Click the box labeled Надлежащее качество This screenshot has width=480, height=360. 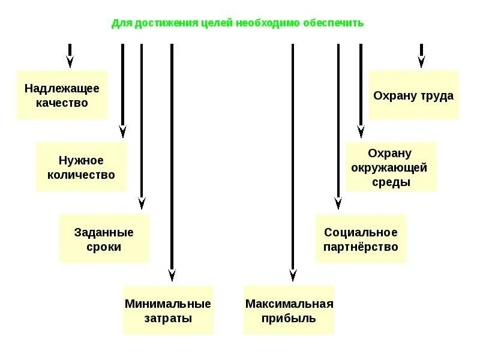(62, 95)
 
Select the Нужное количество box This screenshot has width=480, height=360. (81, 167)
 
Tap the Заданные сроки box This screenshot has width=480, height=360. (104, 239)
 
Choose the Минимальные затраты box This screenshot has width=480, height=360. (168, 311)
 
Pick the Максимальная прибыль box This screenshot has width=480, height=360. (289, 311)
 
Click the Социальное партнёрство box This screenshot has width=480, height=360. (361, 239)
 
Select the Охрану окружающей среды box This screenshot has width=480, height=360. (391, 167)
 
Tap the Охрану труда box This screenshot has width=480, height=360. (413, 95)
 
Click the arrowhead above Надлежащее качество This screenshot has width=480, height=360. (70, 61)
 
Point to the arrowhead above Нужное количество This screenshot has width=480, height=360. (122, 131)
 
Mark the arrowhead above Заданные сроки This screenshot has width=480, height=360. (142, 203)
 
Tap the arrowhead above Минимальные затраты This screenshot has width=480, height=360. (172, 275)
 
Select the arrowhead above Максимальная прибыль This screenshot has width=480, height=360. (293, 275)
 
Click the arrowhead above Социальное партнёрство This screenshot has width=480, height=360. (338, 203)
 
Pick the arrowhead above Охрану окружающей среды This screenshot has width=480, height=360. (361, 131)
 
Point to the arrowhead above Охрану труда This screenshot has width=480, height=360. (421, 61)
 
